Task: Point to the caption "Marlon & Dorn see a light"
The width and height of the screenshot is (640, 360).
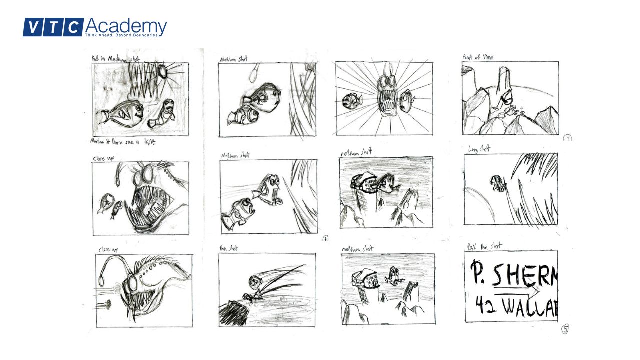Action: pos(123,142)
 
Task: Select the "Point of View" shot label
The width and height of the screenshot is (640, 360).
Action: pos(478,57)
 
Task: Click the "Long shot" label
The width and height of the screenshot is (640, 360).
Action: pos(479,149)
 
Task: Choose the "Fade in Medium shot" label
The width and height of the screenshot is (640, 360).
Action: pos(116,58)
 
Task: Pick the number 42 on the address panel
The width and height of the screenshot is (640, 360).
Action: pos(483,305)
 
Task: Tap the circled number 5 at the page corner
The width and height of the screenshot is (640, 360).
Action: pos(565,329)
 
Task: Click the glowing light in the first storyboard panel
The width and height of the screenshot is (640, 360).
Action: pos(163,72)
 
